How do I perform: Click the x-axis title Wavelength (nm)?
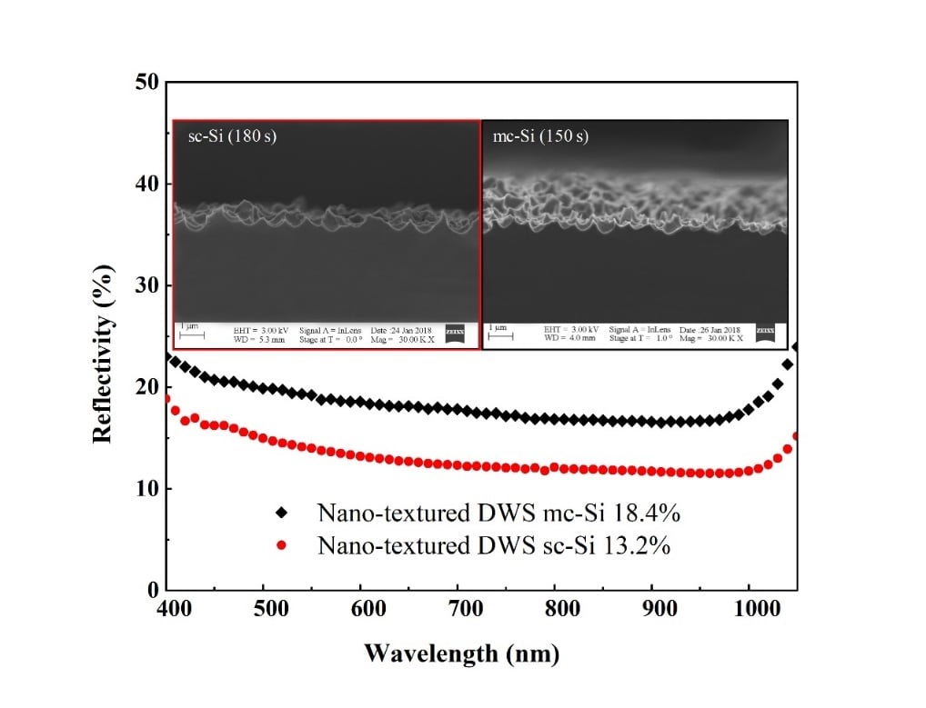(462, 653)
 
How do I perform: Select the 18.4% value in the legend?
(649, 513)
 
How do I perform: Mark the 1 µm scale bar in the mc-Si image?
(501, 334)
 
